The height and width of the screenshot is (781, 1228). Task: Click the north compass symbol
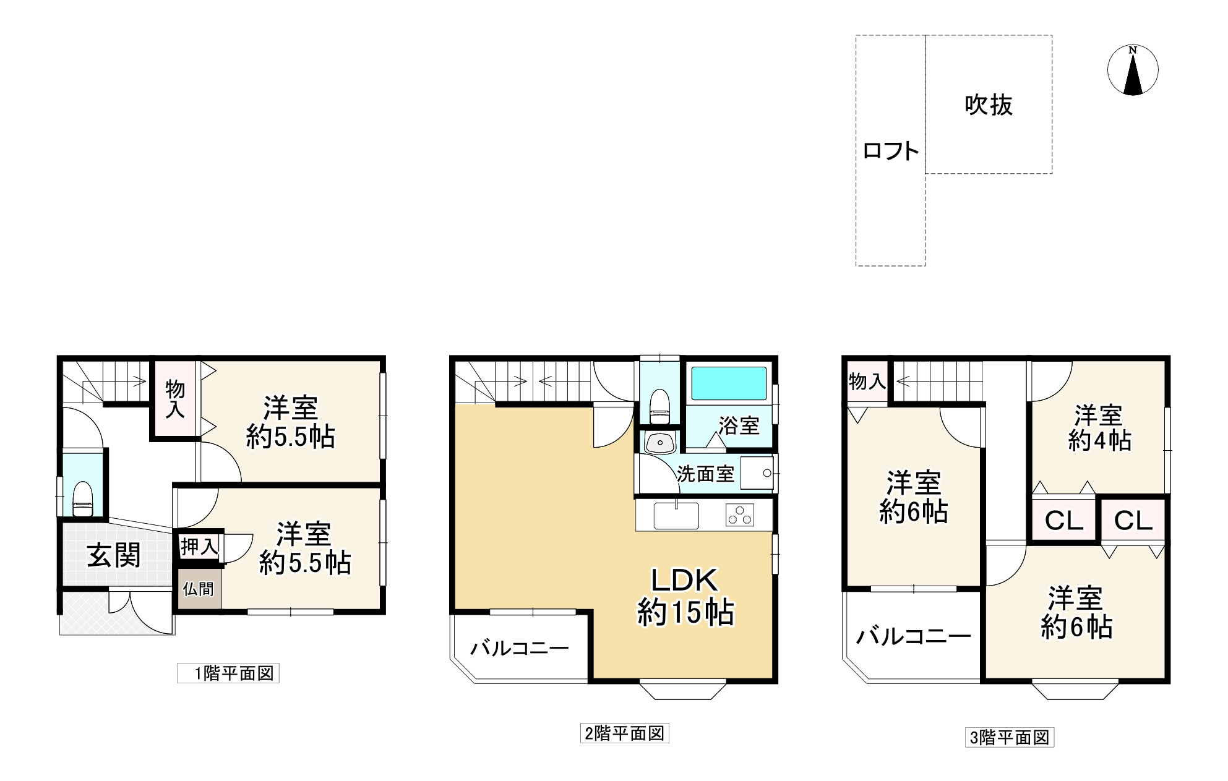(1133, 70)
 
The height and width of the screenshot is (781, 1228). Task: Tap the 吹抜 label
(988, 105)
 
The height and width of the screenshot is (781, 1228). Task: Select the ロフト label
(890, 151)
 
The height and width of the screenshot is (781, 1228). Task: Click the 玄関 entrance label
(114, 555)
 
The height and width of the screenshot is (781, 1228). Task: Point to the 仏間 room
(198, 589)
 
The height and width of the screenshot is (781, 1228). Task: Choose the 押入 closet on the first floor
(199, 547)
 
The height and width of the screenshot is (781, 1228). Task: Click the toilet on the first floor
(82, 499)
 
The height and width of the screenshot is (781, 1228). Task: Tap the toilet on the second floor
(660, 406)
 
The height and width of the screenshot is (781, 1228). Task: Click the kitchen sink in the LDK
(676, 516)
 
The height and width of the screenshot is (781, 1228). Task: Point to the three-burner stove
(740, 515)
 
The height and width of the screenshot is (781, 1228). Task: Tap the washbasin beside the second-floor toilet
(659, 443)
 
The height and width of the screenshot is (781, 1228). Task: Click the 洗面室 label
(705, 474)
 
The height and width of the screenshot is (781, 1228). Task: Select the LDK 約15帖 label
(685, 596)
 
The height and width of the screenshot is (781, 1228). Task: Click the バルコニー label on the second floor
(519, 649)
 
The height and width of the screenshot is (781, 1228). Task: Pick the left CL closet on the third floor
(1063, 521)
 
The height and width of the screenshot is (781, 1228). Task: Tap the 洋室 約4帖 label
(1099, 427)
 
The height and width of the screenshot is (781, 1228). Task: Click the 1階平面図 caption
(228, 673)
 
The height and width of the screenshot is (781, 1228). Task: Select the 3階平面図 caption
(1009, 738)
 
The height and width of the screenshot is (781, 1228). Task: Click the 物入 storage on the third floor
(867, 382)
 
